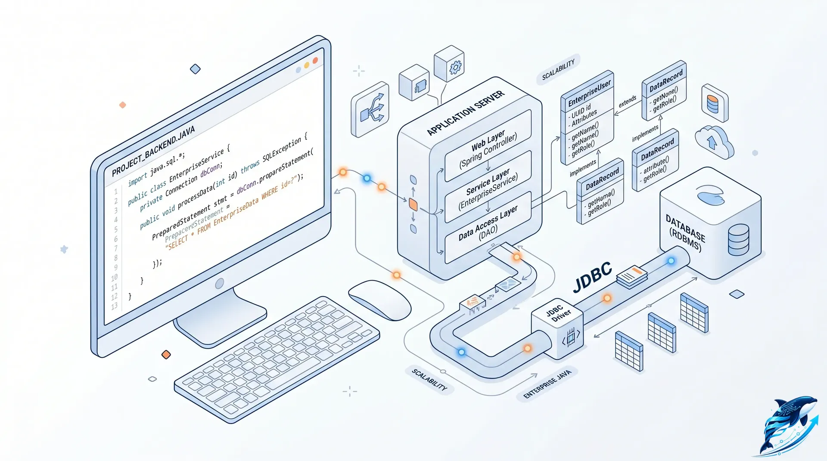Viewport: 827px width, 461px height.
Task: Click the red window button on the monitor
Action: (x=315, y=60)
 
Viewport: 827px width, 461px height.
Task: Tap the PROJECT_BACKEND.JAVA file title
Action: (x=153, y=151)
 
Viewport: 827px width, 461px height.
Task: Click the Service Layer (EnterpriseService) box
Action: (x=488, y=187)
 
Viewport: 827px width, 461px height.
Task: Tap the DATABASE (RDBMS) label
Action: (x=685, y=233)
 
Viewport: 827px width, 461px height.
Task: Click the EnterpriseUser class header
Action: (x=589, y=93)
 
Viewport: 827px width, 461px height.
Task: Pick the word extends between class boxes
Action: (x=627, y=101)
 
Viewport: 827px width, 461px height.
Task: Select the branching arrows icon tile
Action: (x=371, y=109)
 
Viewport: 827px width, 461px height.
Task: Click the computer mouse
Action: (x=379, y=300)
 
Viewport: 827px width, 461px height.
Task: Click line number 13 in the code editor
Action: (x=114, y=306)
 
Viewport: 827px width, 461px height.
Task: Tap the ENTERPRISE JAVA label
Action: (x=547, y=384)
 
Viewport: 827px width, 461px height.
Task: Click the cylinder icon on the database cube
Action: (x=738, y=239)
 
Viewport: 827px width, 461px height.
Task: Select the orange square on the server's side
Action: (x=413, y=205)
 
